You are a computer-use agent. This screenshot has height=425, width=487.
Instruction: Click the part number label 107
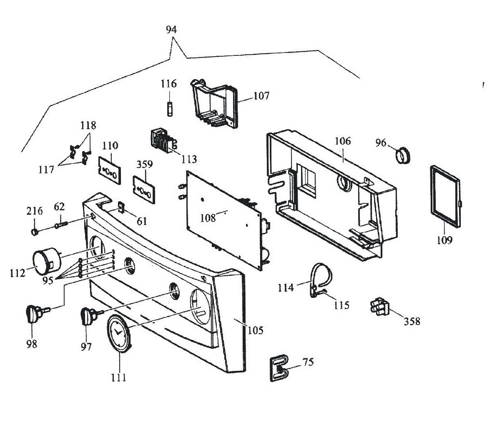261,96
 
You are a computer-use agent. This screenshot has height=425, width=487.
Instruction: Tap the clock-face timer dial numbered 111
119,334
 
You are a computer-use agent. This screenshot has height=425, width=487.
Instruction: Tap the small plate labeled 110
109,169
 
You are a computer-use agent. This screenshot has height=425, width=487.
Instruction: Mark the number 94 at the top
171,30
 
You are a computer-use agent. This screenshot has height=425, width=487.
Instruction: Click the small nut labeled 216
35,230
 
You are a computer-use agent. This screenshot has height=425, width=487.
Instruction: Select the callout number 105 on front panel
256,330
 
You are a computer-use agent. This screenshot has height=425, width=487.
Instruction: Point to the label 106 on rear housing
342,141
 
